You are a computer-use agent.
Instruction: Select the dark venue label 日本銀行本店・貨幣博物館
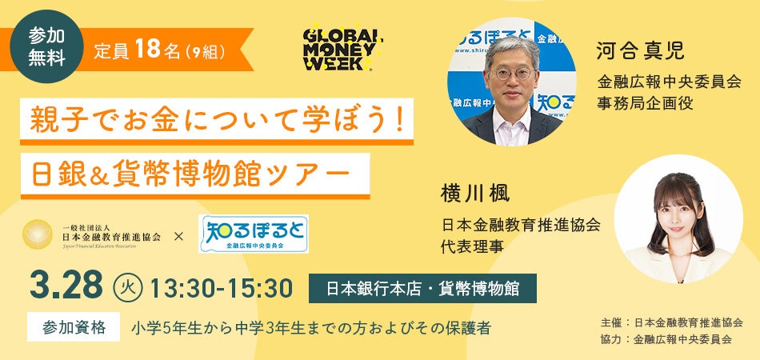point(422,289)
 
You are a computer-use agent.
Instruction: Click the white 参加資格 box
point(73,326)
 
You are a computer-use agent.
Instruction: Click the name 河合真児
point(640,52)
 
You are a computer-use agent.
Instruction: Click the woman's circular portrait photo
point(678,218)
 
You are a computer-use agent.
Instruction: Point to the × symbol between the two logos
point(179,237)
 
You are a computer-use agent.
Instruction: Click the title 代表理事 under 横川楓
point(471,247)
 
